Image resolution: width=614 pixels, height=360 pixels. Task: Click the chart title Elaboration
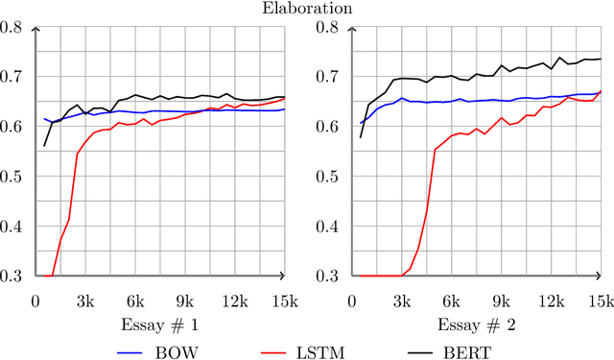(x=307, y=8)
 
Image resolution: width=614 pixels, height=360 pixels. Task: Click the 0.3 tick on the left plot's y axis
(x=12, y=276)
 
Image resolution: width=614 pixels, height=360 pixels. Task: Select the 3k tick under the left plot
(x=84, y=300)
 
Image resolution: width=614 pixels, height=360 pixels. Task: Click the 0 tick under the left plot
(x=35, y=300)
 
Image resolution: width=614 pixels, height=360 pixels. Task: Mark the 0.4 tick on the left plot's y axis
(x=12, y=227)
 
